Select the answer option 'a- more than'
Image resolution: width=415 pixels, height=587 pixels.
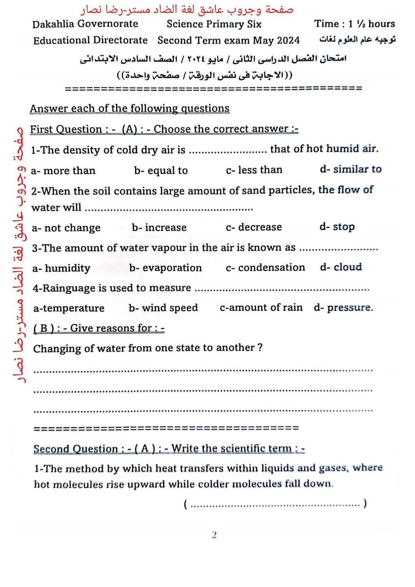(63, 171)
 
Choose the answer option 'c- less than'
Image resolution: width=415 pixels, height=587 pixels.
(254, 170)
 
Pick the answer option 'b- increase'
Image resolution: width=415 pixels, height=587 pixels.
(159, 227)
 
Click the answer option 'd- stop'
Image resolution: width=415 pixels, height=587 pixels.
(337, 227)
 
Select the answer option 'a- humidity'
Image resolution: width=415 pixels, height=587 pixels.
(61, 268)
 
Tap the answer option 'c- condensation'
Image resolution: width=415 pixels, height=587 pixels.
(265, 267)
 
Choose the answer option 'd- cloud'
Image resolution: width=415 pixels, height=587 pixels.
(341, 267)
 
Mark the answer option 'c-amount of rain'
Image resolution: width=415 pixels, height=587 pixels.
(261, 307)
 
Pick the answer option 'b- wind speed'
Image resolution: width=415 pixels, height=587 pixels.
(163, 308)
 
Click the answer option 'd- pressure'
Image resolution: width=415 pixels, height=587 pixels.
(343, 307)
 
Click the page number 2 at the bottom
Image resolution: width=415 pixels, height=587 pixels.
(214, 535)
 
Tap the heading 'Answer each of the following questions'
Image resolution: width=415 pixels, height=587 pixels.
(129, 108)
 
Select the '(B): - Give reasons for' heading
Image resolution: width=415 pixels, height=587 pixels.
(99, 328)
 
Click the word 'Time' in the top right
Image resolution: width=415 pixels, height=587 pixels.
(327, 24)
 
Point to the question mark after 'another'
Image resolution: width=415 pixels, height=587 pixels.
(260, 347)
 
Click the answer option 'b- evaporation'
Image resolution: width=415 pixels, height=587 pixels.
(165, 268)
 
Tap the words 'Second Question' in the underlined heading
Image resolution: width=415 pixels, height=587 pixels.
(76, 448)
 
